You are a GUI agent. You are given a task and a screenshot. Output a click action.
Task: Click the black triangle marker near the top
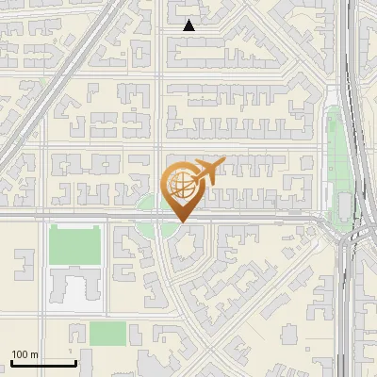coord(189,26)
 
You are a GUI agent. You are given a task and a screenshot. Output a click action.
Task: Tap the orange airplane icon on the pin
coord(207,172)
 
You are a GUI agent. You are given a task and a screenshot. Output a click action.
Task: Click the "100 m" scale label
coord(25,354)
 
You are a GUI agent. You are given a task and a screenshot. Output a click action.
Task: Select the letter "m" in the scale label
coord(34,354)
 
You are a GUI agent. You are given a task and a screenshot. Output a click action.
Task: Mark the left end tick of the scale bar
coord(10,362)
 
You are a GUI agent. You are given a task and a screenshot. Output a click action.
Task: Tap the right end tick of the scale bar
coord(75,362)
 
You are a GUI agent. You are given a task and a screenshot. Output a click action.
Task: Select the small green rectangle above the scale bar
coord(107,333)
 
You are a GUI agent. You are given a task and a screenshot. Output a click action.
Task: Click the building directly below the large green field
coord(73,287)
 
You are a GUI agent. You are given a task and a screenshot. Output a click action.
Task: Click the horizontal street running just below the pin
coord(245,217)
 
